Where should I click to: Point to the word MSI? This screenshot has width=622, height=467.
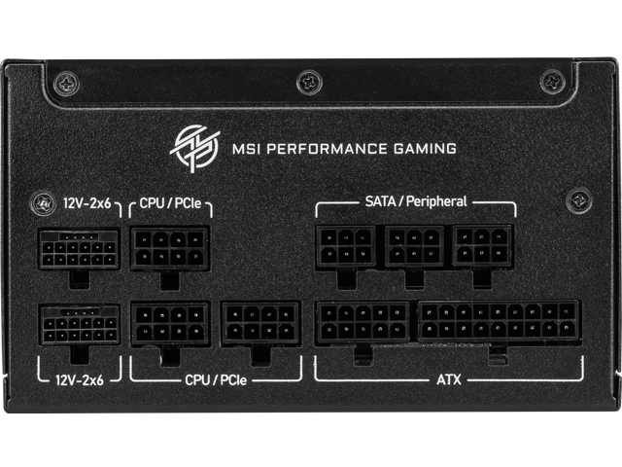click(x=246, y=149)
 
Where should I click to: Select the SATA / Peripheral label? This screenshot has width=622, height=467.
click(x=415, y=201)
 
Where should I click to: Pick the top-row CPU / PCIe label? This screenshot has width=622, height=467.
click(x=171, y=204)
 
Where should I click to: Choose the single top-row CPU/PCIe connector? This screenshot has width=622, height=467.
click(x=170, y=247)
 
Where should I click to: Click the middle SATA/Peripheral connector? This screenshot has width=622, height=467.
click(x=415, y=246)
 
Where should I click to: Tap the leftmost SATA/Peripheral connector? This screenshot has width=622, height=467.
click(x=345, y=246)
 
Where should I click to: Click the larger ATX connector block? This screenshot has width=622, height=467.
click(x=499, y=321)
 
